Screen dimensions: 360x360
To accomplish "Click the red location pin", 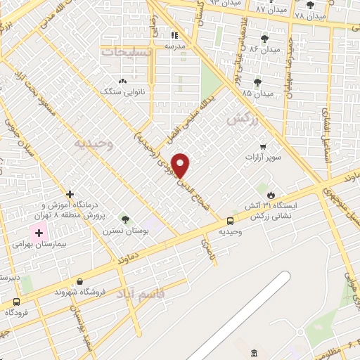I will [x=181, y=165].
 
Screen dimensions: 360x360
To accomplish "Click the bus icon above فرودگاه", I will [x=15, y=302].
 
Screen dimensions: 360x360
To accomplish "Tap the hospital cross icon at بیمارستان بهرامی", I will [x=39, y=233].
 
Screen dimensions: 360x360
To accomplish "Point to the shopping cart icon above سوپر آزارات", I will [x=263, y=147].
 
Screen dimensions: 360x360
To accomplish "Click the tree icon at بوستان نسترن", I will [x=125, y=220].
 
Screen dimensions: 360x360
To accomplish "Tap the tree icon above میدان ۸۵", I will [x=257, y=82].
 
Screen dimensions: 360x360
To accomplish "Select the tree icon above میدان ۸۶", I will [x=264, y=39].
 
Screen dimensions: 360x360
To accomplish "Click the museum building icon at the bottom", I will [x=253, y=352].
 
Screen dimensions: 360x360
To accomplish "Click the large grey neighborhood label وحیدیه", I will [x=93, y=143].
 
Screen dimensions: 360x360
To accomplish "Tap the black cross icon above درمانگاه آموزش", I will [x=70, y=194].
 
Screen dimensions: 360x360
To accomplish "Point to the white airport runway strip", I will [x=239, y=316].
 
